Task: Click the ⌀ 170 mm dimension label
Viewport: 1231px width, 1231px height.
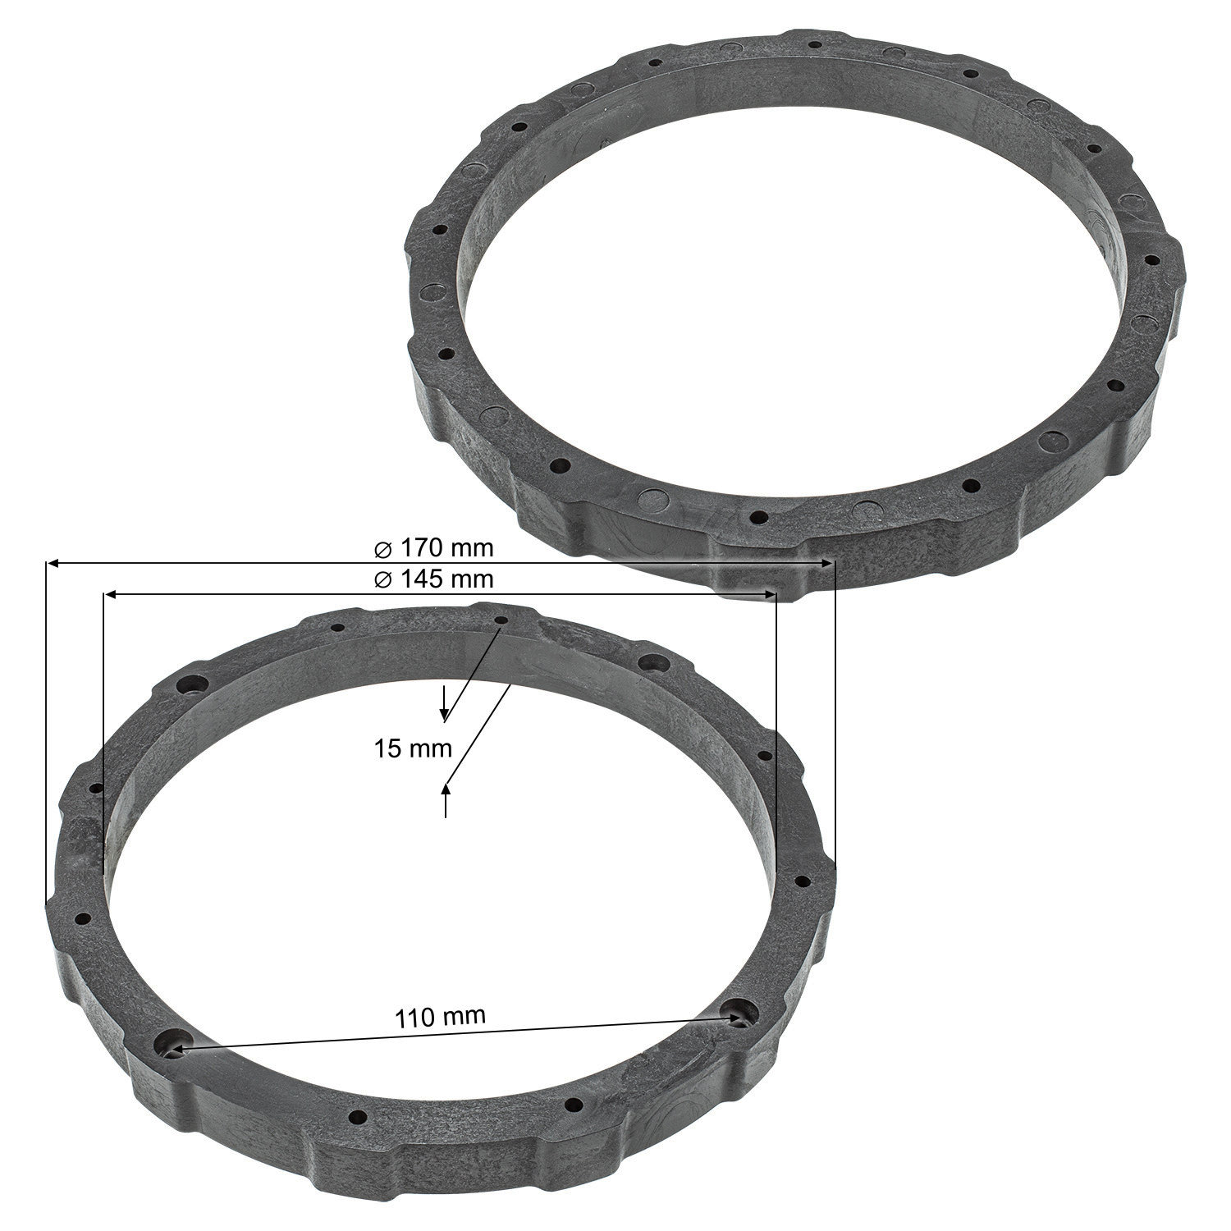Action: coord(433,547)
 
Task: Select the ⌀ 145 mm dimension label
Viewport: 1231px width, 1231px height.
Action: coord(433,579)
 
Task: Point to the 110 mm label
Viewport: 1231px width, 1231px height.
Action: coord(441,1018)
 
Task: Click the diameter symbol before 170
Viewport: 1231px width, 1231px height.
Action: coord(382,547)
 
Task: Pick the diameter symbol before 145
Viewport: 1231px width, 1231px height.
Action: coord(382,579)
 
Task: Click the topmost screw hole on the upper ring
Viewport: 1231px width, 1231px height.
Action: coord(814,44)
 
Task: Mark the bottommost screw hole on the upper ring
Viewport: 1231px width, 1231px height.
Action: coord(759,518)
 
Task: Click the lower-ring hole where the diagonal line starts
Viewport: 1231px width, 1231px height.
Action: coord(501,621)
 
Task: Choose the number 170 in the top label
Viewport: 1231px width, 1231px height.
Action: coord(419,547)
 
